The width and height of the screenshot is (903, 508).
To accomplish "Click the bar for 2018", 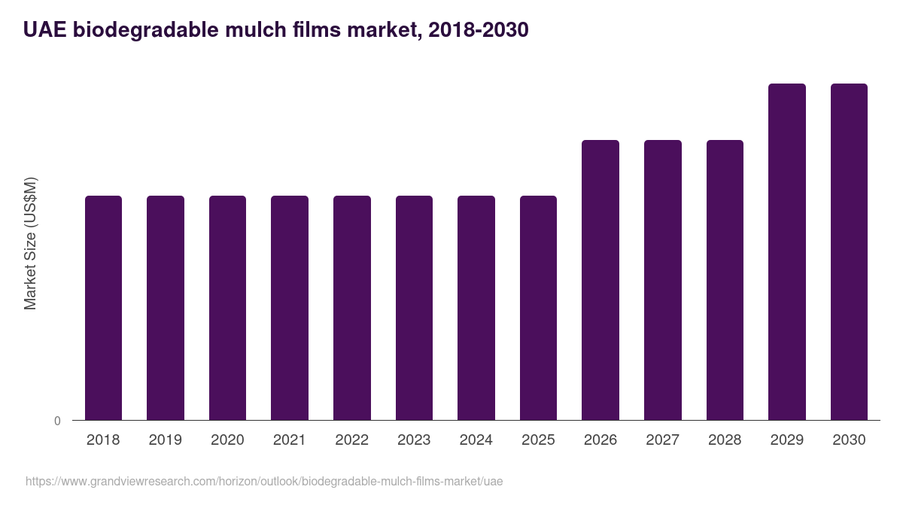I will coord(103,308).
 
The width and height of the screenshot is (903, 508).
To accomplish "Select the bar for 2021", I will coord(290,308).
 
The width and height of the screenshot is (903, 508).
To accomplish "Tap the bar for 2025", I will coord(538,308).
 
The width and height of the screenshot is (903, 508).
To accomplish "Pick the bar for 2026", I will coord(600,280).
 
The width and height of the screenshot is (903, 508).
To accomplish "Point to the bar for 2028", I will coord(725,280).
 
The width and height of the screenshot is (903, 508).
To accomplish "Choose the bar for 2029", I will coord(787,252).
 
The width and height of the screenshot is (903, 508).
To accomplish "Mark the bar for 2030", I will coord(849,252).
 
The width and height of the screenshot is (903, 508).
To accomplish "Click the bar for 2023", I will coord(414,308).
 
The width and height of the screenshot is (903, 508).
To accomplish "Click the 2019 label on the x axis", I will coord(165,440).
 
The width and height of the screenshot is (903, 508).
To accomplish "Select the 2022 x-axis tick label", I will coord(351,440).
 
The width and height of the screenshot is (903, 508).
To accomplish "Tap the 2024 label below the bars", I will coord(476,440).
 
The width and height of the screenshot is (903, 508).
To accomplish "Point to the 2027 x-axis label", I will coord(662,440).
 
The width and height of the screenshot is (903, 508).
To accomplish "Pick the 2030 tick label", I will coord(849,440).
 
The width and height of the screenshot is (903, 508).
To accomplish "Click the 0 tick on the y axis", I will coord(57,421).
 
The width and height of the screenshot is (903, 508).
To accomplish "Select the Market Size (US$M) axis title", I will coord(31,243).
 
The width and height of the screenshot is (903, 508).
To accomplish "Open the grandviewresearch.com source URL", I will coord(264,481).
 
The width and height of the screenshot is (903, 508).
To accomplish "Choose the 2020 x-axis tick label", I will coord(227,440).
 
